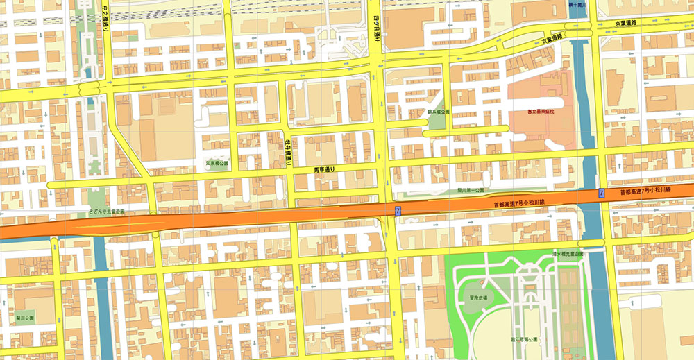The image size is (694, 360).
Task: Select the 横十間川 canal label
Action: (577, 4)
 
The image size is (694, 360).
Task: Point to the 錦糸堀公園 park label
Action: (439, 112)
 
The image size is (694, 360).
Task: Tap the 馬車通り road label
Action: (325, 169)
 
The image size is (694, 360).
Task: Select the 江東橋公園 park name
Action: (217, 164)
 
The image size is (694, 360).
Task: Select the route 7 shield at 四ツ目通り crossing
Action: (398, 210)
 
